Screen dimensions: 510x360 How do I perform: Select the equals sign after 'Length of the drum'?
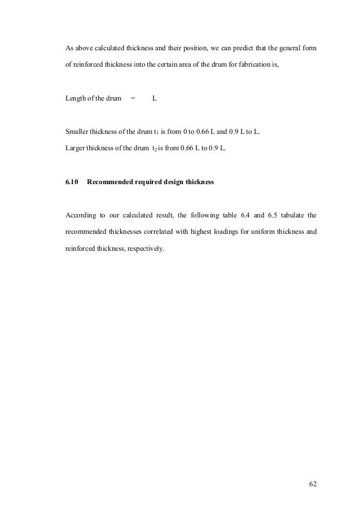[133, 99]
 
